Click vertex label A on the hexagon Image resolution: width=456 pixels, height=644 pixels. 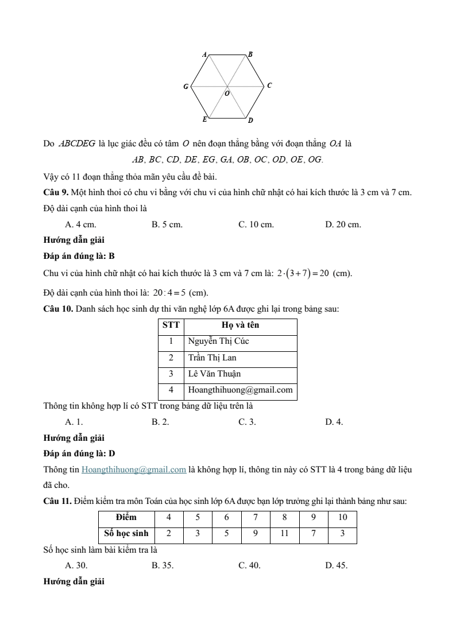[204, 54]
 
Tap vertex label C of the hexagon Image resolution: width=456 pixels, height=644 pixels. [269, 86]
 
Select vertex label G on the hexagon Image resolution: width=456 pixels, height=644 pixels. [186, 87]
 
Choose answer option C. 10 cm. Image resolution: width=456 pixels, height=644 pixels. [256, 224]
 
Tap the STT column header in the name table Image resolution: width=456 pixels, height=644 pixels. [171, 325]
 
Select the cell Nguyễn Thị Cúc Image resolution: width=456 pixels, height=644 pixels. [219, 341]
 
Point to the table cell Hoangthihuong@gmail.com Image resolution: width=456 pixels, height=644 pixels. [241, 390]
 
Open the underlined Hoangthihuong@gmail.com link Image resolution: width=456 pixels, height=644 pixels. [134, 470]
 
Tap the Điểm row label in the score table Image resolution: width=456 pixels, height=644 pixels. [126, 517]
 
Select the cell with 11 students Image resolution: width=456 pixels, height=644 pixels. [284, 533]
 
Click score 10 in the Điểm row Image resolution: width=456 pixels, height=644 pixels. [342, 517]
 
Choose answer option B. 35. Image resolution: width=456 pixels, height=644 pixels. [163, 565]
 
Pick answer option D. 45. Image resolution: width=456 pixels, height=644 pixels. [336, 565]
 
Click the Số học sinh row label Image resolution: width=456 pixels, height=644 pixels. [126, 533]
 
